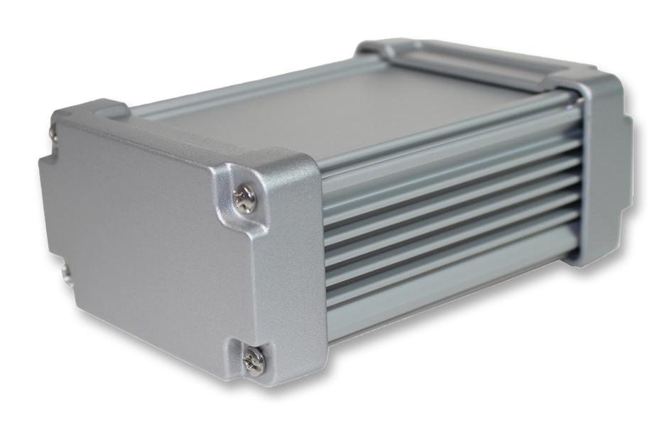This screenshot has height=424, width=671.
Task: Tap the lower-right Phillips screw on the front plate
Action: click(253, 362)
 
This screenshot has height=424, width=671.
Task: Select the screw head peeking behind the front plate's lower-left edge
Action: click(65, 273)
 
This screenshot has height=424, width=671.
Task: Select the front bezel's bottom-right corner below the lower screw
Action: click(284, 380)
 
